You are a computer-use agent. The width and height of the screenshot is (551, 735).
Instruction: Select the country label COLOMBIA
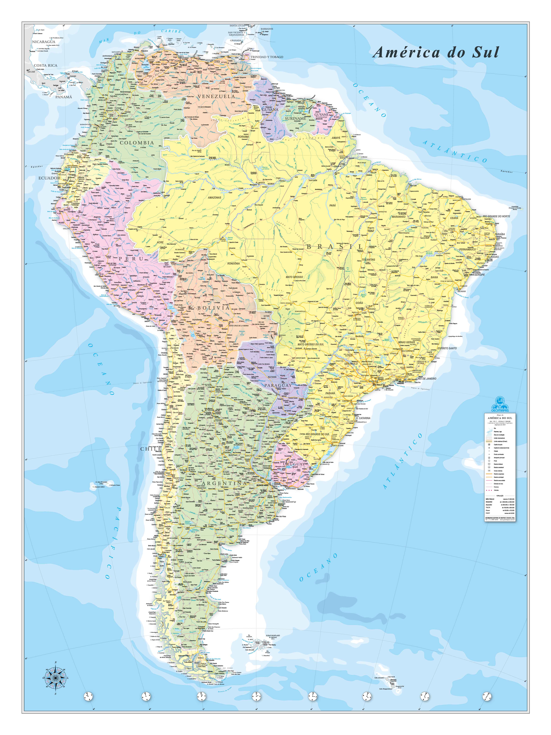coord(137,143)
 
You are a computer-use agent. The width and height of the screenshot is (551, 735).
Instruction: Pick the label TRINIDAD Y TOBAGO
coord(267,57)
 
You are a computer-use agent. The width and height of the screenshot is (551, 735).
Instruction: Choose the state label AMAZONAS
coord(214,197)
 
